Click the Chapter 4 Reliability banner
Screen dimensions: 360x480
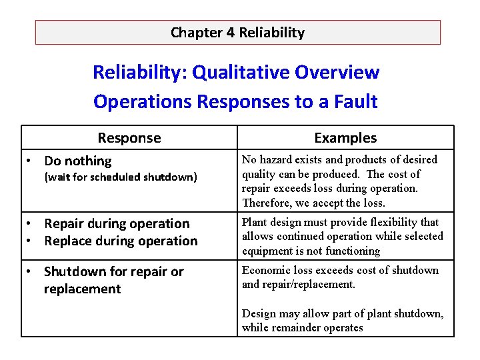point(237,33)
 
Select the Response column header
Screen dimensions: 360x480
point(129,138)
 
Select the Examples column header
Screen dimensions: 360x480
point(345,138)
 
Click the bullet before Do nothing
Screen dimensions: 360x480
point(31,161)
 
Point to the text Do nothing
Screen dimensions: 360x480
point(78,161)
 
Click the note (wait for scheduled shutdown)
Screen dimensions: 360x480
point(121,177)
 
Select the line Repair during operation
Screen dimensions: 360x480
point(117,223)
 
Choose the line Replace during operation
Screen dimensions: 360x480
point(121,241)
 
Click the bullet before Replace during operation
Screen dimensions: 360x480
point(31,241)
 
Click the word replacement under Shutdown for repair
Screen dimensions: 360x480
point(83,289)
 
